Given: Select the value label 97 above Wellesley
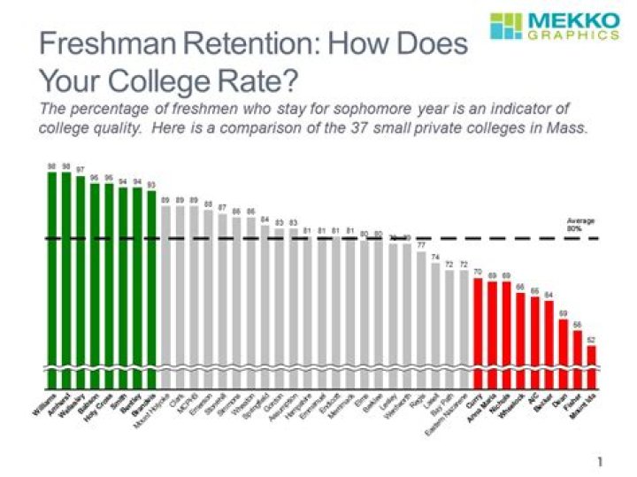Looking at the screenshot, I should click(x=81, y=169).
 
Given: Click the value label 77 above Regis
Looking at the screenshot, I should click(x=421, y=244).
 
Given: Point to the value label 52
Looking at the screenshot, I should click(x=591, y=339).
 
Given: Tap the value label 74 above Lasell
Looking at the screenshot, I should click(x=435, y=256).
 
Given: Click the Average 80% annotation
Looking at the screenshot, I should click(x=580, y=223).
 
